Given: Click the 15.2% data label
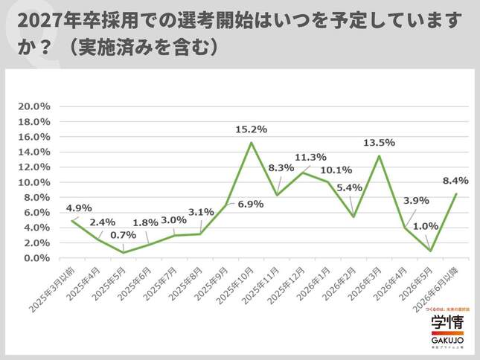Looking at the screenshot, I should (252, 129).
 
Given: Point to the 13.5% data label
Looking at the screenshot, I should (380, 142).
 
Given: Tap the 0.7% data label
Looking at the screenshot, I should (124, 236).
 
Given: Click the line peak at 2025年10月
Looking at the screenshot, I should (252, 143).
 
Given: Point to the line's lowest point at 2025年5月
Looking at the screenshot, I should (124, 253).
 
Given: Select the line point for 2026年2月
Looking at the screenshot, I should (353, 217).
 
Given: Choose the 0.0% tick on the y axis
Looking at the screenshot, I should (36, 258).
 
